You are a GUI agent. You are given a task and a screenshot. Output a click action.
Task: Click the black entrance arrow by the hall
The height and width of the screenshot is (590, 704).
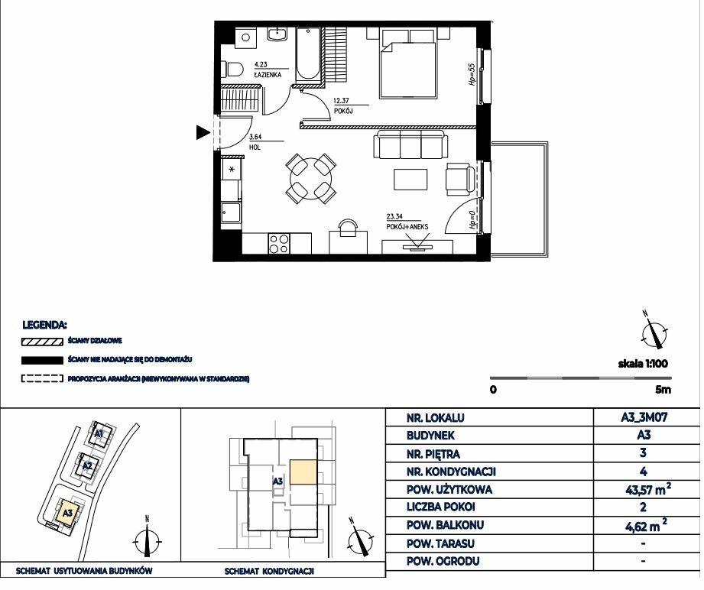(203, 132)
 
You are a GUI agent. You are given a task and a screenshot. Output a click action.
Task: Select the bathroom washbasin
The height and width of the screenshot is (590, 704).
(277, 34)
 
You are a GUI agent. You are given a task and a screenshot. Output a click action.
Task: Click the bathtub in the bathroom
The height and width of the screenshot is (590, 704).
(308, 55)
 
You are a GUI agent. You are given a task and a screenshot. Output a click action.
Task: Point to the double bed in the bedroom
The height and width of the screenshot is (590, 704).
(407, 63)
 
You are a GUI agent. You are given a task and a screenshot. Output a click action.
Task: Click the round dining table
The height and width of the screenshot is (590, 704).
(310, 179)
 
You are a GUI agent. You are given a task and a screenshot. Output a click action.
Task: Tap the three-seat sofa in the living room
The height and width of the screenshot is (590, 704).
(410, 144)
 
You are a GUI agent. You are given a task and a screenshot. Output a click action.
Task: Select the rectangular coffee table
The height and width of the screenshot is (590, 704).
(410, 180)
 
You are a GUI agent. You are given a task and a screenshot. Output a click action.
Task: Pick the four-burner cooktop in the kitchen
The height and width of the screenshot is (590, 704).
(278, 244)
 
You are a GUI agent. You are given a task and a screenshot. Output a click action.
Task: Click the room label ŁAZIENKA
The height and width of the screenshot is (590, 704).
(268, 75)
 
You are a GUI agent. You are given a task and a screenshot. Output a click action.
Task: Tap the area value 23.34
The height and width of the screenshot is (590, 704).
(394, 217)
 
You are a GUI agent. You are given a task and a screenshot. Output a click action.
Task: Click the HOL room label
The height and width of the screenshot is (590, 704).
(255, 147)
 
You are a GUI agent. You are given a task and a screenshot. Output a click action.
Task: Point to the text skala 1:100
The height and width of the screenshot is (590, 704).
(643, 364)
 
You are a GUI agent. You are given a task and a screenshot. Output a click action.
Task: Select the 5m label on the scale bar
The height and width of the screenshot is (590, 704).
(663, 389)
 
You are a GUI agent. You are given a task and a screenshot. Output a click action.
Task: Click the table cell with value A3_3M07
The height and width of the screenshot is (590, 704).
(644, 417)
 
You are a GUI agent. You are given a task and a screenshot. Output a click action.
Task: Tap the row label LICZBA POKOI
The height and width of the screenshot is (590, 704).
(440, 507)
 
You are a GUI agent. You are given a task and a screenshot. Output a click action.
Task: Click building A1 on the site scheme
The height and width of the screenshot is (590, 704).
(99, 433)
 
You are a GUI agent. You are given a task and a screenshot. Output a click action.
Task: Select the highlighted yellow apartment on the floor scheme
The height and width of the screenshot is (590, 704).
(303, 472)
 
